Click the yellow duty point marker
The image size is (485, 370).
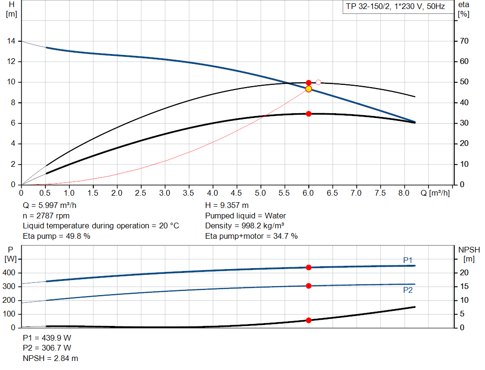tap(309, 89)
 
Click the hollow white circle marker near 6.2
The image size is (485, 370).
tap(318, 82)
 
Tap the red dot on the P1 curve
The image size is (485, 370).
tap(309, 267)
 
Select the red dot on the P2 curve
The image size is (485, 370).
tap(309, 286)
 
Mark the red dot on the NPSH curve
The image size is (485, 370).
tap(309, 320)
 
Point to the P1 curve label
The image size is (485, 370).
tap(408, 260)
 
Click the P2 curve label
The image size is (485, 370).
tap(408, 290)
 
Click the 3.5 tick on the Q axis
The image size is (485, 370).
tap(189, 193)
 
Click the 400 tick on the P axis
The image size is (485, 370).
tap(10, 273)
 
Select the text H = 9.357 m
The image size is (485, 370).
tap(227, 206)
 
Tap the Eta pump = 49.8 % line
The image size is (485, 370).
tap(56, 236)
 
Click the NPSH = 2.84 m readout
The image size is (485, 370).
tap(51, 358)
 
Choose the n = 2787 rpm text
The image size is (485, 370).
tap(46, 216)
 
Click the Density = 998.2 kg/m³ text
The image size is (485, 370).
tap(244, 226)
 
